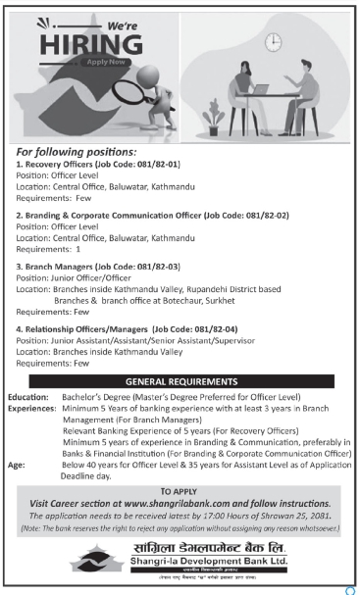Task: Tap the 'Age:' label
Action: point(20,465)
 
